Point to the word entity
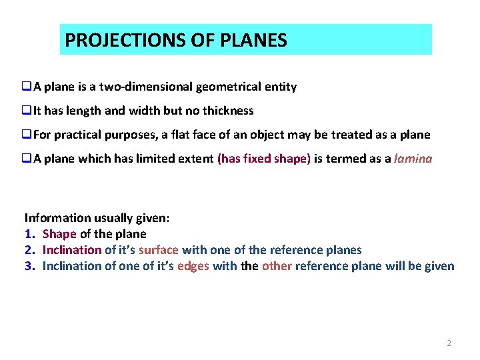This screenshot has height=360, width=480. (280, 87)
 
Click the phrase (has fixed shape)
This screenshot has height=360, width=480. (264, 159)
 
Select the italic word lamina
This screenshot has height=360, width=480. (413, 159)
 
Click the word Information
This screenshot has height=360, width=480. (55, 218)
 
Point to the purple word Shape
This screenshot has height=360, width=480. (59, 234)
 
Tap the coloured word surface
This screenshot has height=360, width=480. (158, 250)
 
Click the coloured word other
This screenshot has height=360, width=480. (277, 266)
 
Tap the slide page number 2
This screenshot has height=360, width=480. (449, 343)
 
